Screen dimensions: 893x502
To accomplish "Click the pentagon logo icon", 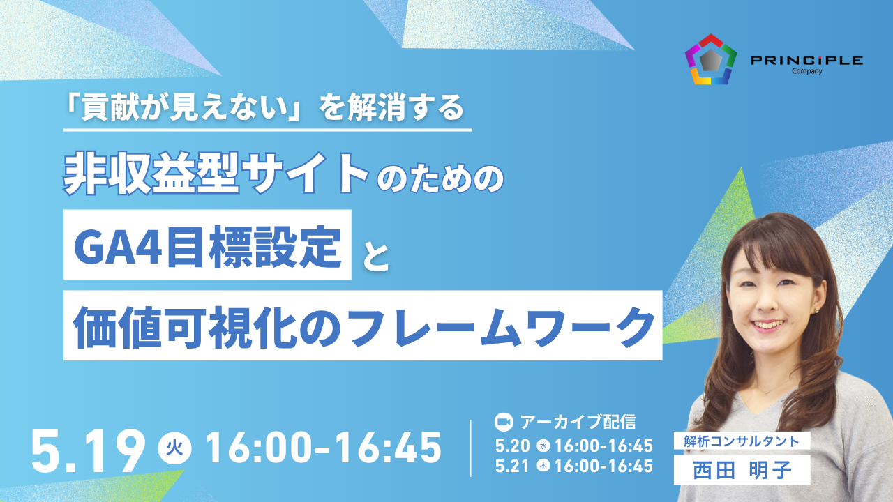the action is (711, 59).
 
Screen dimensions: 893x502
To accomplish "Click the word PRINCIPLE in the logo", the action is (807, 61).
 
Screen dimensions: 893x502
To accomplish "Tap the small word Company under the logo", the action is (807, 71).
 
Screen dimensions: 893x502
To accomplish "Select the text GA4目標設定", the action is (207, 247).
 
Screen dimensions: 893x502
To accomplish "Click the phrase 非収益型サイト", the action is (216, 174).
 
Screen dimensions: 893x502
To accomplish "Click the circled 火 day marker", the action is (174, 448).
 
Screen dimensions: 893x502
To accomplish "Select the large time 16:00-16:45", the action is (324, 448).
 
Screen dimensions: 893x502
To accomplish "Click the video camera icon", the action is (504, 423).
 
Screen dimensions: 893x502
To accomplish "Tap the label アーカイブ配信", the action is (578, 423).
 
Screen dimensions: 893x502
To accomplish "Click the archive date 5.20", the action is (512, 446).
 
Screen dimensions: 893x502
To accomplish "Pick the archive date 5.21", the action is (512, 466).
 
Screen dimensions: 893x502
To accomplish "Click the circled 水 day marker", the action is (543, 446).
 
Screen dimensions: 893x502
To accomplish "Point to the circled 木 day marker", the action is (543, 466).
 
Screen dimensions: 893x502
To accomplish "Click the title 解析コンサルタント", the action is (742, 441).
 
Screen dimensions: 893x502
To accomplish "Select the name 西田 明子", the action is (742, 470).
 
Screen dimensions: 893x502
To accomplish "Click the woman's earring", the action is (816, 310).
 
